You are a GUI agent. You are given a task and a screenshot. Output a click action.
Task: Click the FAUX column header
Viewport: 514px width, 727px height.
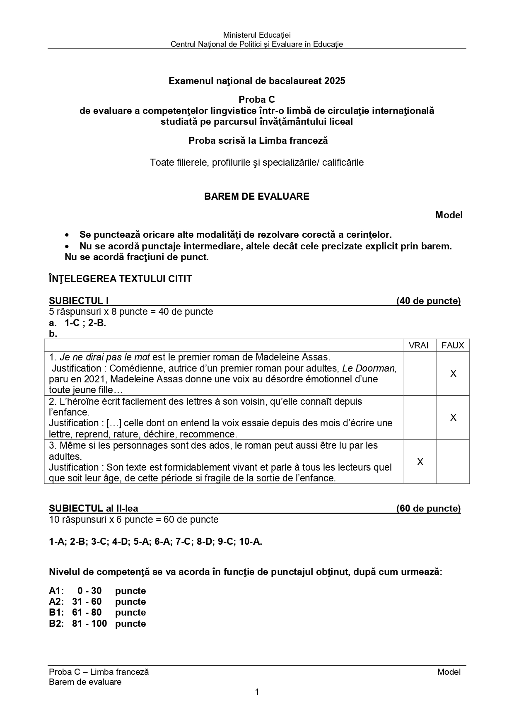[453, 345]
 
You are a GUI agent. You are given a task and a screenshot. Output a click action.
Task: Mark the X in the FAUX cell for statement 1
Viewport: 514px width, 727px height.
[453, 374]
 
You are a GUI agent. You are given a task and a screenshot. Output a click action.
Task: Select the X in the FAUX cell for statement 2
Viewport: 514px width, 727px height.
[453, 418]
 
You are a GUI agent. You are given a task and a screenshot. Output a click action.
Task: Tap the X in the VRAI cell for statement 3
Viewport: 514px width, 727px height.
[420, 462]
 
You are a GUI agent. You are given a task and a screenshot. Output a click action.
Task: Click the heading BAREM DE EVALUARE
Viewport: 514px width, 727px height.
[256, 196]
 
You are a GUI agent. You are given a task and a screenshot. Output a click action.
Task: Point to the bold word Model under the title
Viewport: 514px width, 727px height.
[449, 215]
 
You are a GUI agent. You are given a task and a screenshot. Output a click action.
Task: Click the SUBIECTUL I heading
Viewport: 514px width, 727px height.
[79, 301]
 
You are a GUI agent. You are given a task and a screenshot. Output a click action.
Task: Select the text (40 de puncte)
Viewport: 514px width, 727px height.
[428, 301]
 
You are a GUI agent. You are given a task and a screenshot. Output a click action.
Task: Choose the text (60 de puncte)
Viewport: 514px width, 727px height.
[428, 508]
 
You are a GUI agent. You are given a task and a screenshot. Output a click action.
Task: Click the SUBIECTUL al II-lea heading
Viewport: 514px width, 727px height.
[94, 508]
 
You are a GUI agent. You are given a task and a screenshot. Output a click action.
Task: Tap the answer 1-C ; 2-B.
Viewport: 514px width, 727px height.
[85, 323]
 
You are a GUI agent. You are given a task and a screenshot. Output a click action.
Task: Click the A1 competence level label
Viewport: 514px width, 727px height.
[56, 591]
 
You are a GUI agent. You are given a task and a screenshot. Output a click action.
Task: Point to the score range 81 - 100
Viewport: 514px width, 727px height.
[89, 623]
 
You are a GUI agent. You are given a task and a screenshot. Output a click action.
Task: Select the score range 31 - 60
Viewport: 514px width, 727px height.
[87, 601]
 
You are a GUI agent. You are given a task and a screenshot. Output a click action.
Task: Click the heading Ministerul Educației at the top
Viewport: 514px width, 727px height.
[257, 35]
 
